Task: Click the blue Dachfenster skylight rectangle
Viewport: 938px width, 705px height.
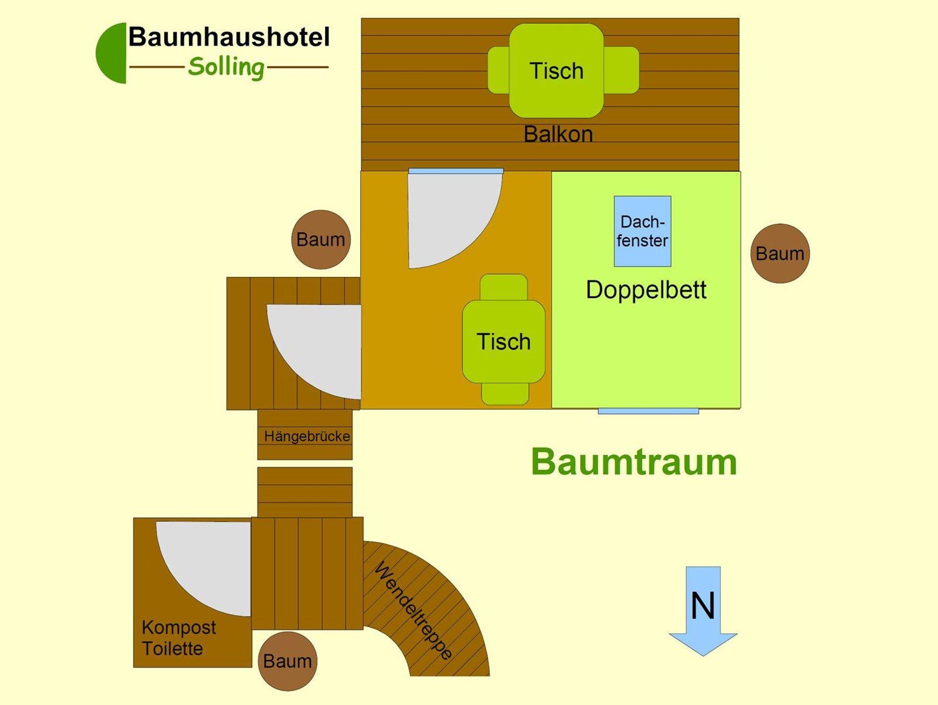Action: click(642, 231)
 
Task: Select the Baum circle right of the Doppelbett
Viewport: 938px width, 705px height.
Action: click(780, 253)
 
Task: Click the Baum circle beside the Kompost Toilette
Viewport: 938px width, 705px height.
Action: click(287, 661)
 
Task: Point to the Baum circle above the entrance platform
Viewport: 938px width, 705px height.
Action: click(321, 239)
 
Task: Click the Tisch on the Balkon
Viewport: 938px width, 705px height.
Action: click(556, 71)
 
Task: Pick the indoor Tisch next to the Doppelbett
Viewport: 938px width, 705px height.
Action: click(503, 341)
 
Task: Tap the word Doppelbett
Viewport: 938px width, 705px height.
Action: click(646, 290)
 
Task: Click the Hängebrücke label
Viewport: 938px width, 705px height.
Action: click(307, 436)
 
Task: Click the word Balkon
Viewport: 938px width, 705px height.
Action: click(558, 134)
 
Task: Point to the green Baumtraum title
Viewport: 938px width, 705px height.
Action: click(634, 462)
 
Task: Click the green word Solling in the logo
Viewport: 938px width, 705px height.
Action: click(226, 67)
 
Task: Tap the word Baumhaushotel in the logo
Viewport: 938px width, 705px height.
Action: click(229, 37)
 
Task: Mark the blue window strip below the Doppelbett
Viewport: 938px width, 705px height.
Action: click(648, 411)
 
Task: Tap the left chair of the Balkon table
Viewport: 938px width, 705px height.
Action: click(498, 70)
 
